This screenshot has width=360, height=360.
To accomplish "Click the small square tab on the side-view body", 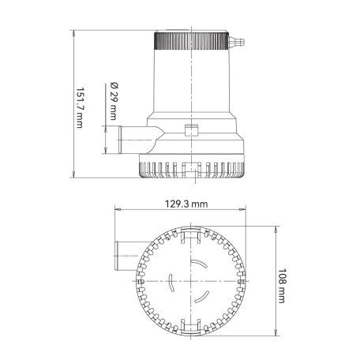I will (189, 130).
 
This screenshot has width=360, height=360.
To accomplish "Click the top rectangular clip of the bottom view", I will (189, 235).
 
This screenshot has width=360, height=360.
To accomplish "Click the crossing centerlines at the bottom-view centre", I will (189, 281).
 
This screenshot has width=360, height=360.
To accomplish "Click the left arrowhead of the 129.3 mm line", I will (116, 210).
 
